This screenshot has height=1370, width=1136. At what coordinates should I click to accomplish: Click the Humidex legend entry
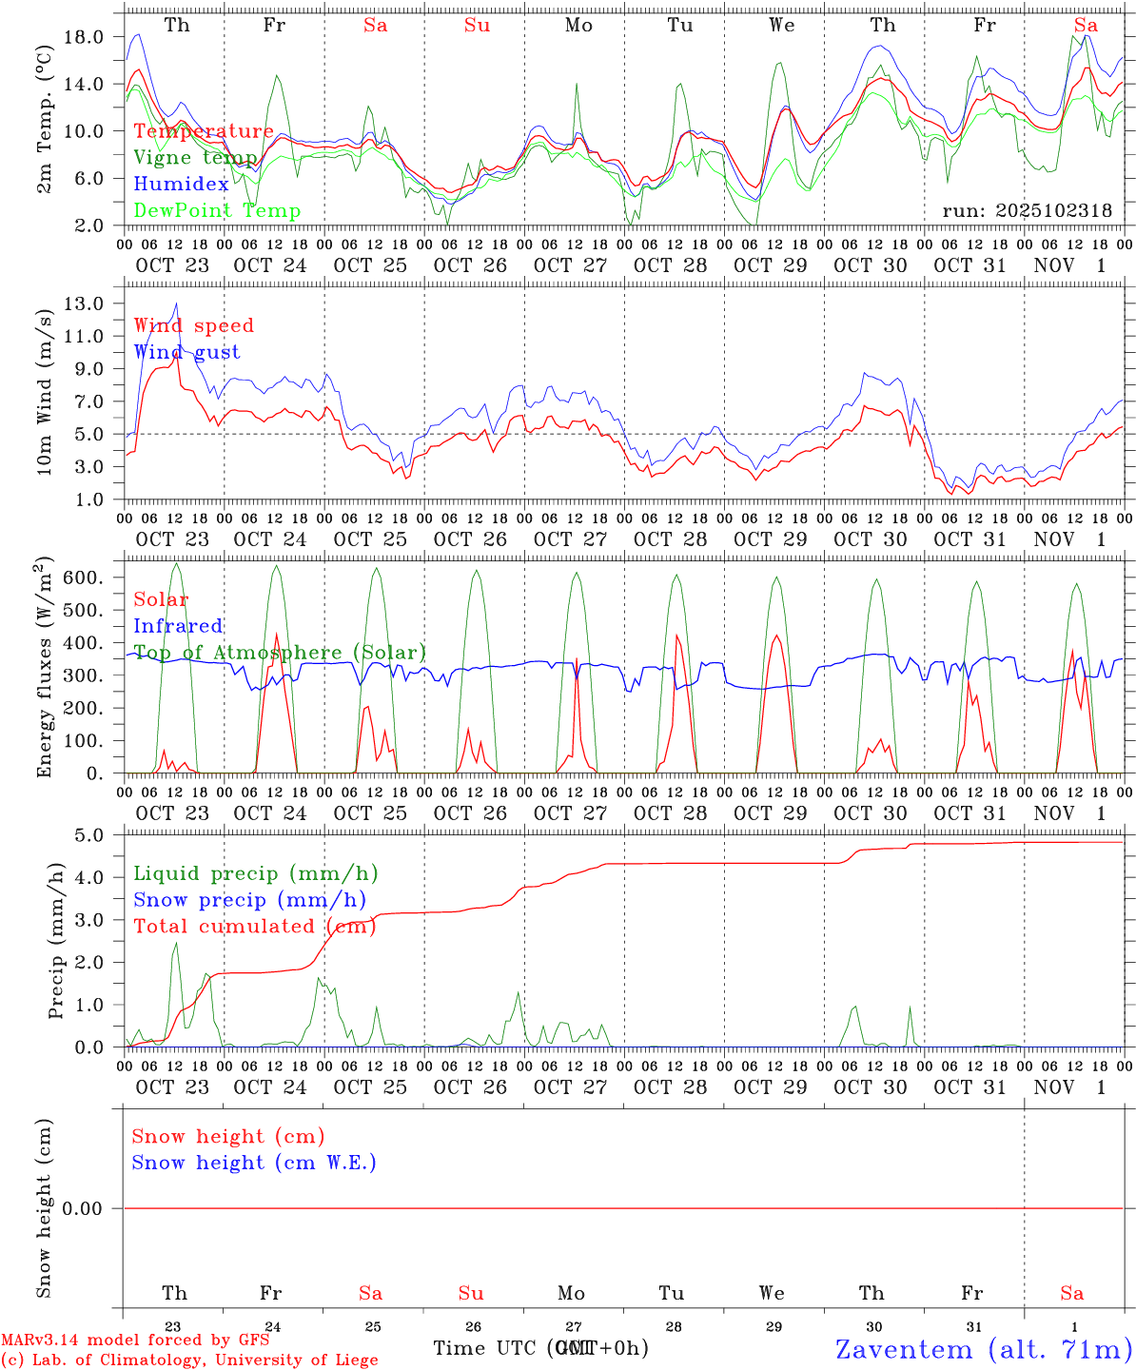click(181, 185)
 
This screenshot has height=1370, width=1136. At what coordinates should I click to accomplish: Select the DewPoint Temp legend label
click(217, 211)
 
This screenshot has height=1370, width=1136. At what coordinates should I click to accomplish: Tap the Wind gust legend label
click(186, 352)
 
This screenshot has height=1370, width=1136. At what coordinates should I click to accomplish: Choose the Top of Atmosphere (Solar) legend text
click(279, 653)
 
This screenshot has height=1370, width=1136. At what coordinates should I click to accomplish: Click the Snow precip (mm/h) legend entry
click(249, 900)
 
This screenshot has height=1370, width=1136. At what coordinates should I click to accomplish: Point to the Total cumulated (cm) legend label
click(254, 927)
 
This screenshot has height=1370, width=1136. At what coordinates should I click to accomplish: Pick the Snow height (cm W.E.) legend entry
click(253, 1163)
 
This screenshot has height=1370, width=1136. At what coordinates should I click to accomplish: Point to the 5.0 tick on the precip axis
click(89, 835)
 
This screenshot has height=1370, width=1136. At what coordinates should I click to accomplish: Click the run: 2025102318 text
click(1027, 211)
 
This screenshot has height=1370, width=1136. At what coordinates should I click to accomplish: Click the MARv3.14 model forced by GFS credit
click(135, 1340)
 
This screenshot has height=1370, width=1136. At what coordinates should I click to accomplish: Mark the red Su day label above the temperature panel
click(477, 26)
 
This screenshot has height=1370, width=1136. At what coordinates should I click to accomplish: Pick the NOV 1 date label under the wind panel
click(1069, 539)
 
